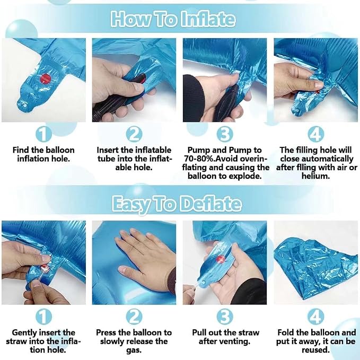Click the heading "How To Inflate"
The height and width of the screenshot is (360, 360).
(173, 19)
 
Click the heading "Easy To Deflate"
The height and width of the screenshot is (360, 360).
(177, 204)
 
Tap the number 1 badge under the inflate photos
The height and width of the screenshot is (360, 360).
(43, 134)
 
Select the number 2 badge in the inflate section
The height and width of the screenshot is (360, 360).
(134, 134)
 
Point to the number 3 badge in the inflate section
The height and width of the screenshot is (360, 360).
(225, 134)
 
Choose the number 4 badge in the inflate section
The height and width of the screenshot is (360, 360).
(315, 134)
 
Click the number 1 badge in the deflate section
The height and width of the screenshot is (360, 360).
(43, 317)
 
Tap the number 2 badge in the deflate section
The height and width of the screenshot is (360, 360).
(134, 317)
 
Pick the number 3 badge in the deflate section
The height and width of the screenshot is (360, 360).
(225, 317)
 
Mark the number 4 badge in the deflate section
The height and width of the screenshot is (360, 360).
(315, 317)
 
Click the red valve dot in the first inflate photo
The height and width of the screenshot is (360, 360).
(46, 78)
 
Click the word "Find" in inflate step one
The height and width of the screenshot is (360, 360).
(21, 150)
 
